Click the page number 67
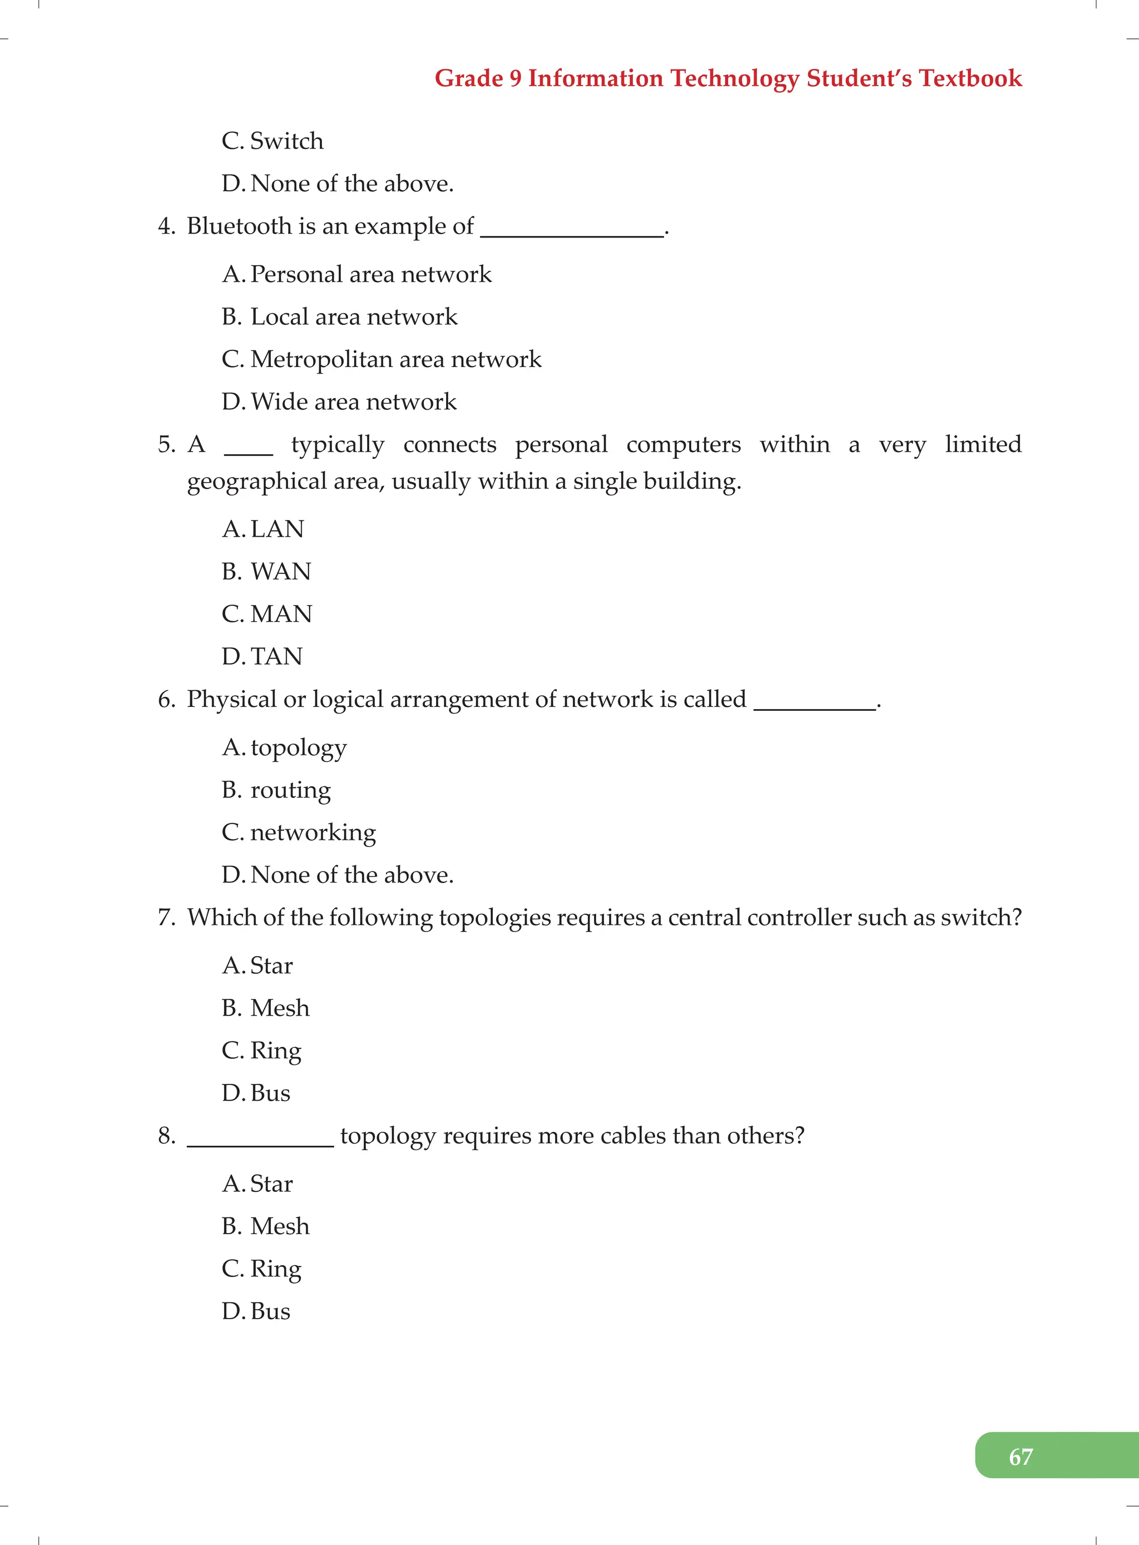[1021, 1457]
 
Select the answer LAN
[277, 529]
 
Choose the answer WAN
[281, 572]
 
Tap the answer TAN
[276, 656]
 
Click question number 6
[166, 699]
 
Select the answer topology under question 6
[299, 748]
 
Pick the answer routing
[290, 791]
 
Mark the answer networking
[313, 833]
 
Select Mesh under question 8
[280, 1226]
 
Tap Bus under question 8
[270, 1311]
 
